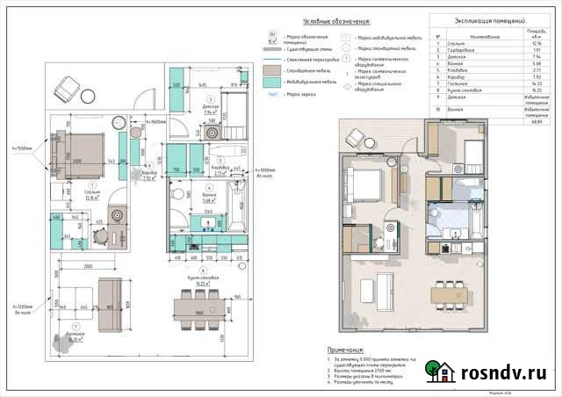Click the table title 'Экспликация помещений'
click(x=489, y=18)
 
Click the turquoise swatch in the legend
click(x=273, y=81)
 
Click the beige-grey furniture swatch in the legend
click(x=273, y=68)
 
